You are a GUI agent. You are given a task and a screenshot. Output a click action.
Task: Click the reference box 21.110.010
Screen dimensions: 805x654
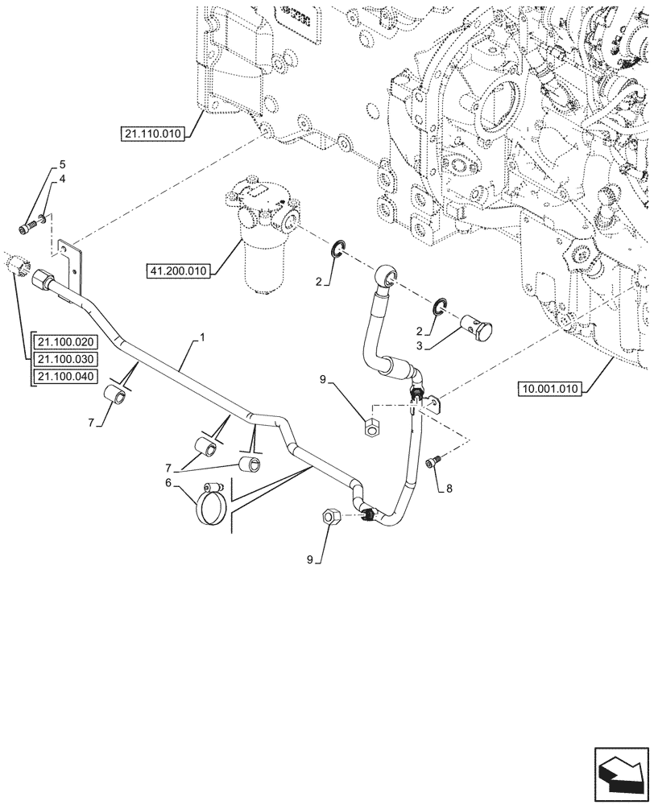click(x=154, y=134)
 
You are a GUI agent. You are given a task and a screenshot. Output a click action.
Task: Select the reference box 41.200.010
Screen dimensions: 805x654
click(x=177, y=270)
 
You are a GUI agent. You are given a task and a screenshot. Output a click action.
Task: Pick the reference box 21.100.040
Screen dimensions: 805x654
click(x=64, y=376)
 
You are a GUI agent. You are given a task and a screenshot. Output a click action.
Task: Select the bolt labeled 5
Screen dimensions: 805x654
click(x=29, y=226)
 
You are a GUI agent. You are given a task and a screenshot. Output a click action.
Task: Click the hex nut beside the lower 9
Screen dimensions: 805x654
click(x=330, y=516)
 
